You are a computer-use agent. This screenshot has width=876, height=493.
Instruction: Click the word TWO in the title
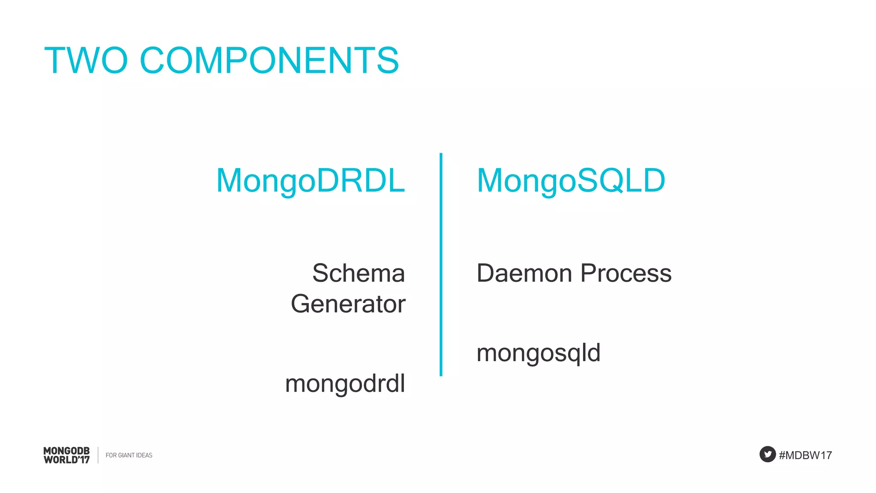(86, 60)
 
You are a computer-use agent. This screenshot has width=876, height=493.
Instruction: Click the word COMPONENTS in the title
(269, 60)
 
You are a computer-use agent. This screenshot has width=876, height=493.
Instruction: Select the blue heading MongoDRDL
(311, 180)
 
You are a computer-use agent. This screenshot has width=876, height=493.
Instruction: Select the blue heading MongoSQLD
(571, 180)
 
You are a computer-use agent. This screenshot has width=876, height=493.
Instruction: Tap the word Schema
(358, 273)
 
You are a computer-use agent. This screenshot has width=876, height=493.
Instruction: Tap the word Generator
(348, 304)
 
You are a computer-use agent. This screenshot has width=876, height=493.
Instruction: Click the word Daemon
(524, 273)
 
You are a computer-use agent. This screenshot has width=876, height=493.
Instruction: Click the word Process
(626, 273)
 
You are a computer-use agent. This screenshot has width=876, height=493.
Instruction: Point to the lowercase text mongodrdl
(345, 383)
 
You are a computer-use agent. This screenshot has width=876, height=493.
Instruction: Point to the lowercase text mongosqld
(538, 353)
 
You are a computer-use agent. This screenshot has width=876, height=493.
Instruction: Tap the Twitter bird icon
(767, 454)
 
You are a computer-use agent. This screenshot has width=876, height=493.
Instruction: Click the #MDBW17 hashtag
(805, 455)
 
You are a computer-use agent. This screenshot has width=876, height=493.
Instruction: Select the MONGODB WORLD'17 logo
(67, 455)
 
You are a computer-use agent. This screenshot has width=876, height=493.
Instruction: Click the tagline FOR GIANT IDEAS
(129, 455)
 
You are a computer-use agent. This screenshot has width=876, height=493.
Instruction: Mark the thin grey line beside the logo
(98, 455)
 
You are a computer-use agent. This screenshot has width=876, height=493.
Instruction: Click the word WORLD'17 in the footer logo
(67, 460)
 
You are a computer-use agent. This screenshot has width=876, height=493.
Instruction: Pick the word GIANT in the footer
(126, 455)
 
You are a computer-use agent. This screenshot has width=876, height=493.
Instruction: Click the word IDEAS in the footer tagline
(144, 455)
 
